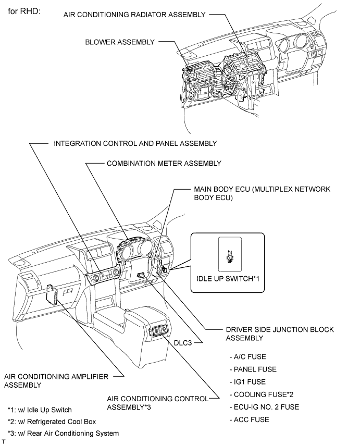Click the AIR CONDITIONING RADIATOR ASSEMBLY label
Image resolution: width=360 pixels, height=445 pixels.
(134, 15)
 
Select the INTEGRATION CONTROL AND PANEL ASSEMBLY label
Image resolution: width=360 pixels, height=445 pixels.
(135, 143)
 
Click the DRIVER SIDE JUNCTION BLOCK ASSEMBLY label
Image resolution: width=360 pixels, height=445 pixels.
(280, 333)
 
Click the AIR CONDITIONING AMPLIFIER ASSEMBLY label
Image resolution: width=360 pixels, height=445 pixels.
(56, 380)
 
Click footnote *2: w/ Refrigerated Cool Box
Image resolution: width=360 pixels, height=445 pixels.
(52, 421)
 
